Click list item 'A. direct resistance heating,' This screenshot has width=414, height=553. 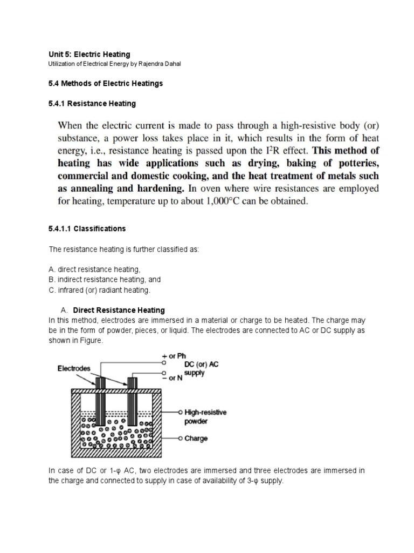pos(94,269)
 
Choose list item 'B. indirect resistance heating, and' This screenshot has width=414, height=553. pos(104,279)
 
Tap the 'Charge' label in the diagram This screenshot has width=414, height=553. pos(196,439)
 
